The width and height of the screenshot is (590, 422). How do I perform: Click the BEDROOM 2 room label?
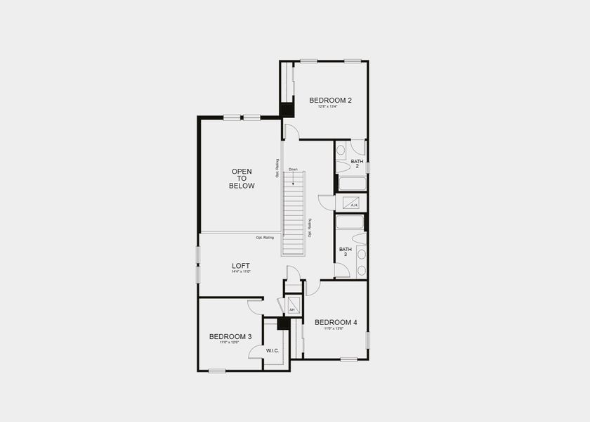click(330, 101)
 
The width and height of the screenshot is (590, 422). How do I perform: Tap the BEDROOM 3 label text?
click(230, 336)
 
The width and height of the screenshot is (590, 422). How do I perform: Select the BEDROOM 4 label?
click(336, 322)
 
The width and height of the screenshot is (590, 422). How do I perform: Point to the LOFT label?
click(241, 266)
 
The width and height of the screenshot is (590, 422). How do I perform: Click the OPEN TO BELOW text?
click(242, 179)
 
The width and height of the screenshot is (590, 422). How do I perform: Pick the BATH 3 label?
click(346, 251)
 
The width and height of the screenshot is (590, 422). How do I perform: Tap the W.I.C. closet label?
click(273, 350)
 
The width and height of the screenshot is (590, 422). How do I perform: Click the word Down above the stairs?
click(293, 170)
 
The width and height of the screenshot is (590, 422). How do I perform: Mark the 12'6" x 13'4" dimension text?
click(329, 108)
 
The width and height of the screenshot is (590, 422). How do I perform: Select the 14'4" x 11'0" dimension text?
click(241, 272)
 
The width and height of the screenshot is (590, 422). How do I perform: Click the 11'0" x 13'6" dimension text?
click(335, 328)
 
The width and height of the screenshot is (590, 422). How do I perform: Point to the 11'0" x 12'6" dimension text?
click(230, 343)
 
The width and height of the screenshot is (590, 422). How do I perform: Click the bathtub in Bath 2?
click(352, 184)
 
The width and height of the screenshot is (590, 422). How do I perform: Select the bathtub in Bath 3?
click(350, 222)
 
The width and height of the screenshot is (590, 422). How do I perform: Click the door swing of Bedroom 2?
click(291, 131)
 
